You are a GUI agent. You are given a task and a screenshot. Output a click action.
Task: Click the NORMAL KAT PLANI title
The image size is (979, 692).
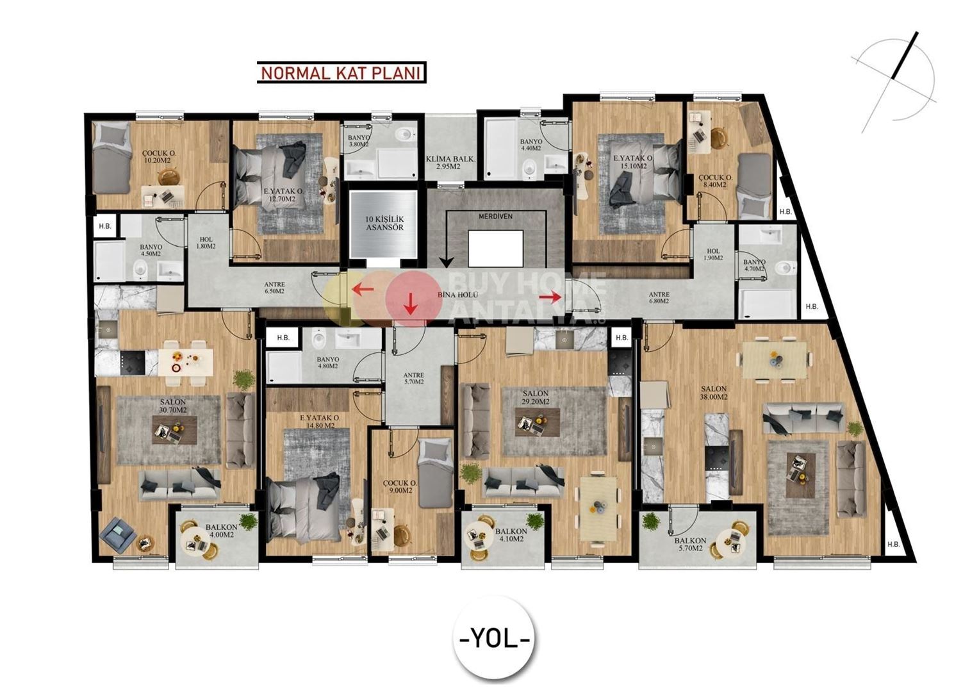coord(341,72)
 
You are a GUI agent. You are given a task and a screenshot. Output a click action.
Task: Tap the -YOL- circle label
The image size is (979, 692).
coord(495,639)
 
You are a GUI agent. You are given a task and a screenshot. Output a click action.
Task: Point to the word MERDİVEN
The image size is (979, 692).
coord(495,217)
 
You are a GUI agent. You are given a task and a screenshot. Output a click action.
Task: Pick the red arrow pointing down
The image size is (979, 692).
coord(410,306)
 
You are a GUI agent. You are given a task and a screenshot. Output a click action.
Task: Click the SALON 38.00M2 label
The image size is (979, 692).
coord(713,393)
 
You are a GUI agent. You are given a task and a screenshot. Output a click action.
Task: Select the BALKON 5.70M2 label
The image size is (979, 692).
coord(689,544)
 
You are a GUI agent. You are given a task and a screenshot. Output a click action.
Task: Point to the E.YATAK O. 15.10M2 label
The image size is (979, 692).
coord(632,161)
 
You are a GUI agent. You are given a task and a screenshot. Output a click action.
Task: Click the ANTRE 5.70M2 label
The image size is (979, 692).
coord(413,379)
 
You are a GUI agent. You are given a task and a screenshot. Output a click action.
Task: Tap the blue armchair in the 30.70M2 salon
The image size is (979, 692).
coord(118,534)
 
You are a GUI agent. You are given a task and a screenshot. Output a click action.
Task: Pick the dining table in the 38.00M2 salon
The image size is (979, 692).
coord(774,359)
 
